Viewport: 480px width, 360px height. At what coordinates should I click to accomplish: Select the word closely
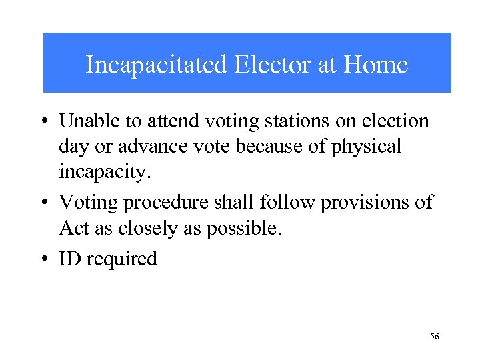142,229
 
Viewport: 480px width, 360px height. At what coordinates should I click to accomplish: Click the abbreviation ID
69,259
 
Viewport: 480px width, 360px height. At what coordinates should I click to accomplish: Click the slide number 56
434,337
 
